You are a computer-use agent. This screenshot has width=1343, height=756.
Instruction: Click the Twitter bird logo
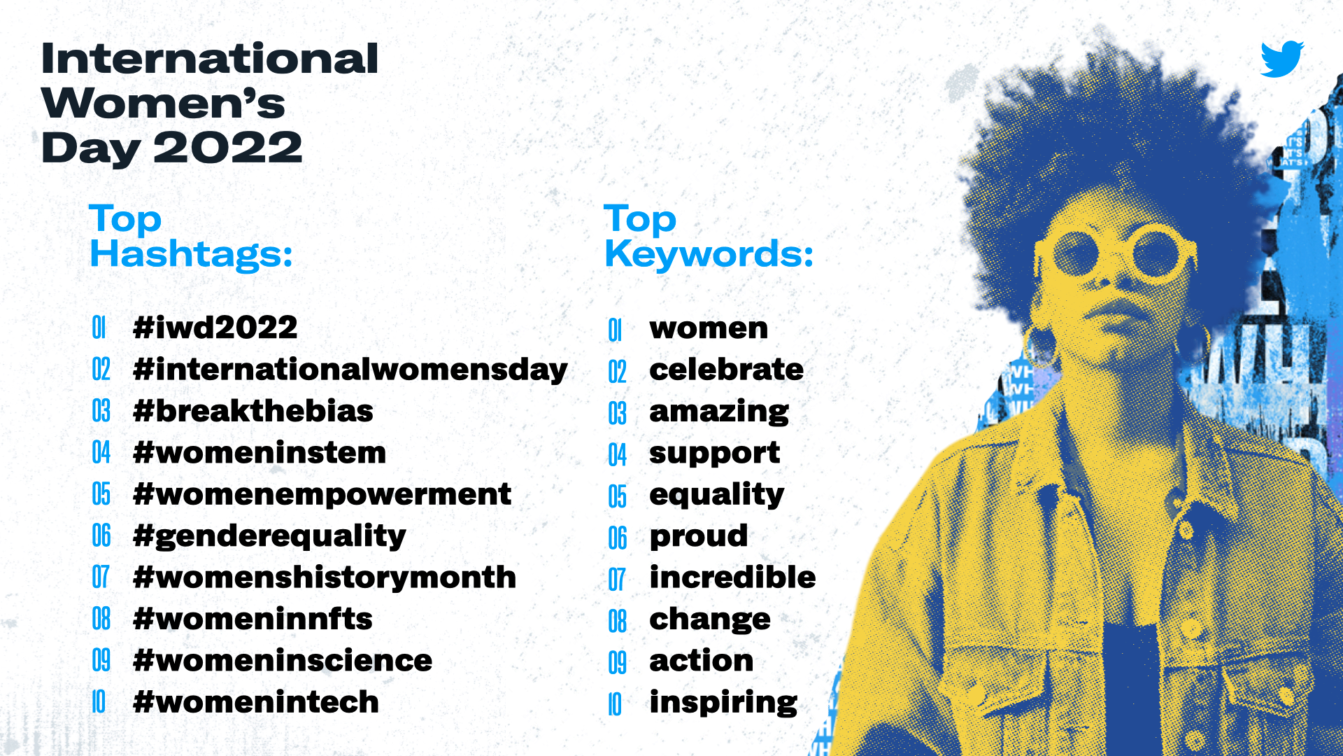coord(1282,59)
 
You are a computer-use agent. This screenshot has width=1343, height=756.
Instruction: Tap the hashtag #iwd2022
coord(215,328)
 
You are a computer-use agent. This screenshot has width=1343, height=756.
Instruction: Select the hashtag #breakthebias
coord(253,411)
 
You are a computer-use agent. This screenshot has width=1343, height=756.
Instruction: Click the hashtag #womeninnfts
coord(253,619)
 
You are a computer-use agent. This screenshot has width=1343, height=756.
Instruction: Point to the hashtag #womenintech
coord(256,702)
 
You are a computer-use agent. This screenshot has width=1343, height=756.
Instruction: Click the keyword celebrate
coord(726,370)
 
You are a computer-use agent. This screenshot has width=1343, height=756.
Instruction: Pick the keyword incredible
coord(732,577)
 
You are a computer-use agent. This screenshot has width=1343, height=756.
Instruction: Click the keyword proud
coord(699,537)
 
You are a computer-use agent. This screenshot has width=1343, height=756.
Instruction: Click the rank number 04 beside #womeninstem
coord(101,453)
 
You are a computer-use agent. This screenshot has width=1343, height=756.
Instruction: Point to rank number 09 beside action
coord(617,662)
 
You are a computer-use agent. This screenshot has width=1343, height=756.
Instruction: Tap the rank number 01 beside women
coord(615,330)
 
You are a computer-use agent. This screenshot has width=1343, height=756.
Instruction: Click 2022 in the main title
coord(228,148)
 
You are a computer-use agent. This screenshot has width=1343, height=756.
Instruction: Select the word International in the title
coord(210,58)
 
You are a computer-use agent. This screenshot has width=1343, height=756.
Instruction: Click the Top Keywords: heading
coord(709,237)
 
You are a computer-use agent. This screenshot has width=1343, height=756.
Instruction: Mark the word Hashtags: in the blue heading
coord(191,254)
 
